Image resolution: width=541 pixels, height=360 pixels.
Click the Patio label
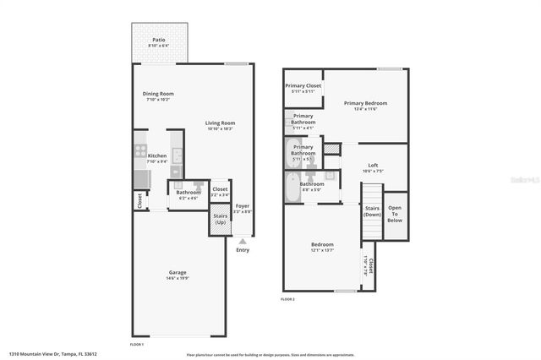[x=158, y=40]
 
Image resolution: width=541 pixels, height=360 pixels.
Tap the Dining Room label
[x=158, y=93]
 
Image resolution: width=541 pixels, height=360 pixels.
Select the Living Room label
[x=220, y=123]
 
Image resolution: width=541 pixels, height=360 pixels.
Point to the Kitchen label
[x=157, y=155]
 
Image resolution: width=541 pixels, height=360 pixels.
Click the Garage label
[x=178, y=272]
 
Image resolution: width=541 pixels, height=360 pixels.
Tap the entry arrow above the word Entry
[x=243, y=241]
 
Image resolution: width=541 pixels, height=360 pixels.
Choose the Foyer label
[x=243, y=205]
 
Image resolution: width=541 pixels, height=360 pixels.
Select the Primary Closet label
[x=303, y=85]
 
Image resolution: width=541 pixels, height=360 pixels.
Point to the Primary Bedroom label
[x=365, y=103]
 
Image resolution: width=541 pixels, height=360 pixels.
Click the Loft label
[x=372, y=165]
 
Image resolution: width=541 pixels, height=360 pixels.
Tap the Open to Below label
[x=395, y=215]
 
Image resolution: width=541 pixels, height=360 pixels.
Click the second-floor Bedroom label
[x=322, y=244]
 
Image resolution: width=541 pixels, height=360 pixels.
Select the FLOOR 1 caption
[x=136, y=345]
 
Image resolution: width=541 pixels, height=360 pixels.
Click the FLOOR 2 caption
[x=288, y=299]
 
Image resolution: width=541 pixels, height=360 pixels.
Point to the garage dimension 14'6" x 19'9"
[x=178, y=278]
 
